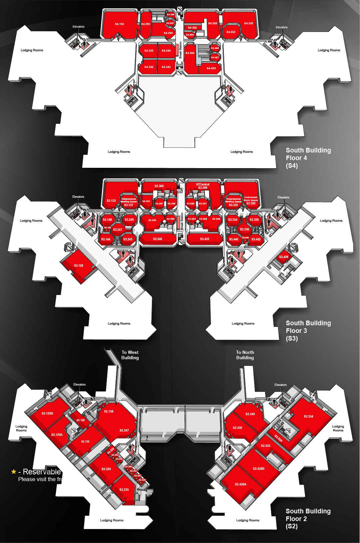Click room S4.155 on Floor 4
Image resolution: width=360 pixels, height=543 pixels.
click(119, 24)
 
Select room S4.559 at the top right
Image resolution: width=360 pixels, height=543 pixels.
click(248, 23)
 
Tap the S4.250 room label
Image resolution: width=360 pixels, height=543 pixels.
click(149, 51)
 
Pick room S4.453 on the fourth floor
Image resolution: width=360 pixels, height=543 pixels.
click(211, 68)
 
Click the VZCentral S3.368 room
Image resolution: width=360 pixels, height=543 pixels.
click(202, 186)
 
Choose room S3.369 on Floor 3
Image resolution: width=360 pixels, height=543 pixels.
click(159, 186)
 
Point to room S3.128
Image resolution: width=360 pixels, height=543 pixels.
click(79, 266)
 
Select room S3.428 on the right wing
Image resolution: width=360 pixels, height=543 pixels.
click(284, 257)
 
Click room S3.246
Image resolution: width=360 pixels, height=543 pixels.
click(158, 239)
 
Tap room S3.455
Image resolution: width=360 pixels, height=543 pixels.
click(204, 239)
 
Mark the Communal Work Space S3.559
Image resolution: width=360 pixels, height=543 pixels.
click(251, 200)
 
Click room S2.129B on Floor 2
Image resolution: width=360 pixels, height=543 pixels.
click(47, 413)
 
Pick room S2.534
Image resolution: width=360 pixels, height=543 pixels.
click(308, 416)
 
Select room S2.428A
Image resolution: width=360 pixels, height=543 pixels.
click(240, 484)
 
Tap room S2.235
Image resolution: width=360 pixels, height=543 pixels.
click(124, 490)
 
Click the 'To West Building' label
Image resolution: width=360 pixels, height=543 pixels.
click(130, 355)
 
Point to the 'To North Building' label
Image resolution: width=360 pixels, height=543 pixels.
click(245, 355)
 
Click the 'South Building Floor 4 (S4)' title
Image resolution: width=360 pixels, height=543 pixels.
click(308, 158)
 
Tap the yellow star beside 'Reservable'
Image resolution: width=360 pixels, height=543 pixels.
click(14, 472)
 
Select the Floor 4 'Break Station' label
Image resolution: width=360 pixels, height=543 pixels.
click(180, 50)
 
